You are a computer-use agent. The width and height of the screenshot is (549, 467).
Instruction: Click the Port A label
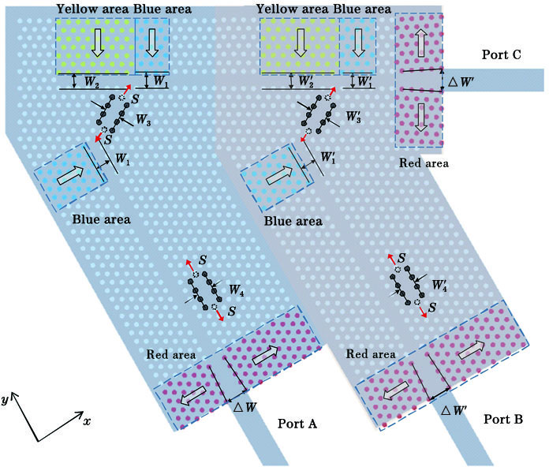[297, 424]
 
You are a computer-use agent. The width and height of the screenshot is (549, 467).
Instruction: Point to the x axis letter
[87, 421]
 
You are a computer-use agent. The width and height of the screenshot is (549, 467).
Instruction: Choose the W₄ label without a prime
[236, 293]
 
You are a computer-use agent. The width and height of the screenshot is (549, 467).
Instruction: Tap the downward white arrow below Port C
[421, 117]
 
